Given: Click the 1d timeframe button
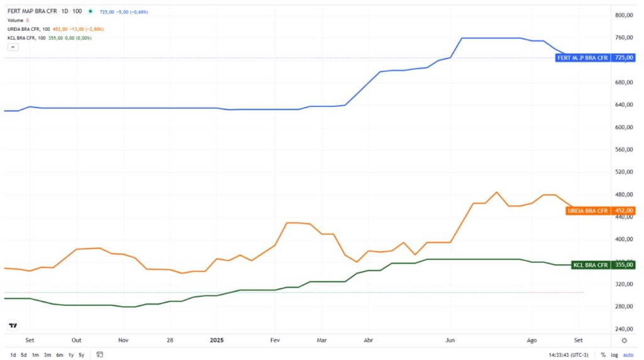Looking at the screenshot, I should tap(13, 355).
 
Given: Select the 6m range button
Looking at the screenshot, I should tap(58, 355).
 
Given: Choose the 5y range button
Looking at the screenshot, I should tap(82, 355).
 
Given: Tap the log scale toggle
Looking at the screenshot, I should tap(614, 355).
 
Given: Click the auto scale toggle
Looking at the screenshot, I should tap(628, 355).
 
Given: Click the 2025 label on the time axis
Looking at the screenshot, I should tap(217, 340).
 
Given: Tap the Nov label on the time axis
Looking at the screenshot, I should tap(123, 340).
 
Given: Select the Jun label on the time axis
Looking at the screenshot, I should tap(450, 340).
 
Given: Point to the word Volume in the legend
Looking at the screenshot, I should tap(14, 20).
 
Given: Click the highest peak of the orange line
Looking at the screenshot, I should tap(497, 192).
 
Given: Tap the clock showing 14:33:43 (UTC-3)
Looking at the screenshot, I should tap(568, 355).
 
